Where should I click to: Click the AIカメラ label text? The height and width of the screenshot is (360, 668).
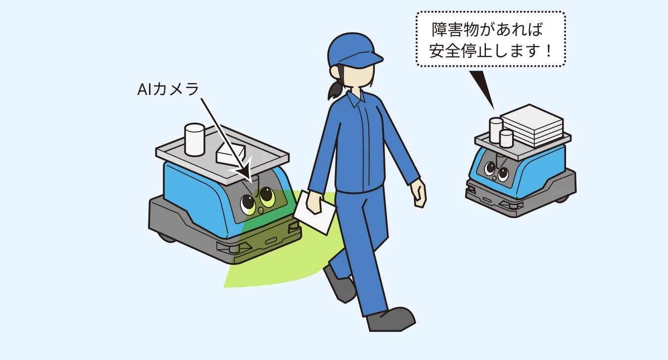(168, 90)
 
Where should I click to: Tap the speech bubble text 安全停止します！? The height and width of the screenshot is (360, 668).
(490, 50)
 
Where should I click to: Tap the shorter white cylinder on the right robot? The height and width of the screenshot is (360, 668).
(506, 138)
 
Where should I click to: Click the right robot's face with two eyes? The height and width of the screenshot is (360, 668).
(496, 171)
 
